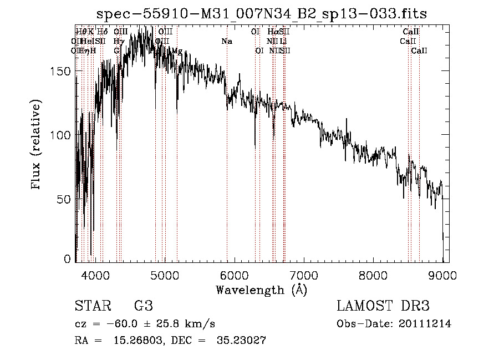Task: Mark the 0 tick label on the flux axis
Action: [x=68, y=259]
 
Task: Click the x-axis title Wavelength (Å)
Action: [x=261, y=290]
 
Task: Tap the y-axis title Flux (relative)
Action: [x=37, y=145]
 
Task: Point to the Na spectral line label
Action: [x=227, y=42]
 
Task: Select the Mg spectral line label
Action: [x=177, y=51]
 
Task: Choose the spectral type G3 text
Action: [x=143, y=306]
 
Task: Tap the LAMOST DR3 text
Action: [x=383, y=306]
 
